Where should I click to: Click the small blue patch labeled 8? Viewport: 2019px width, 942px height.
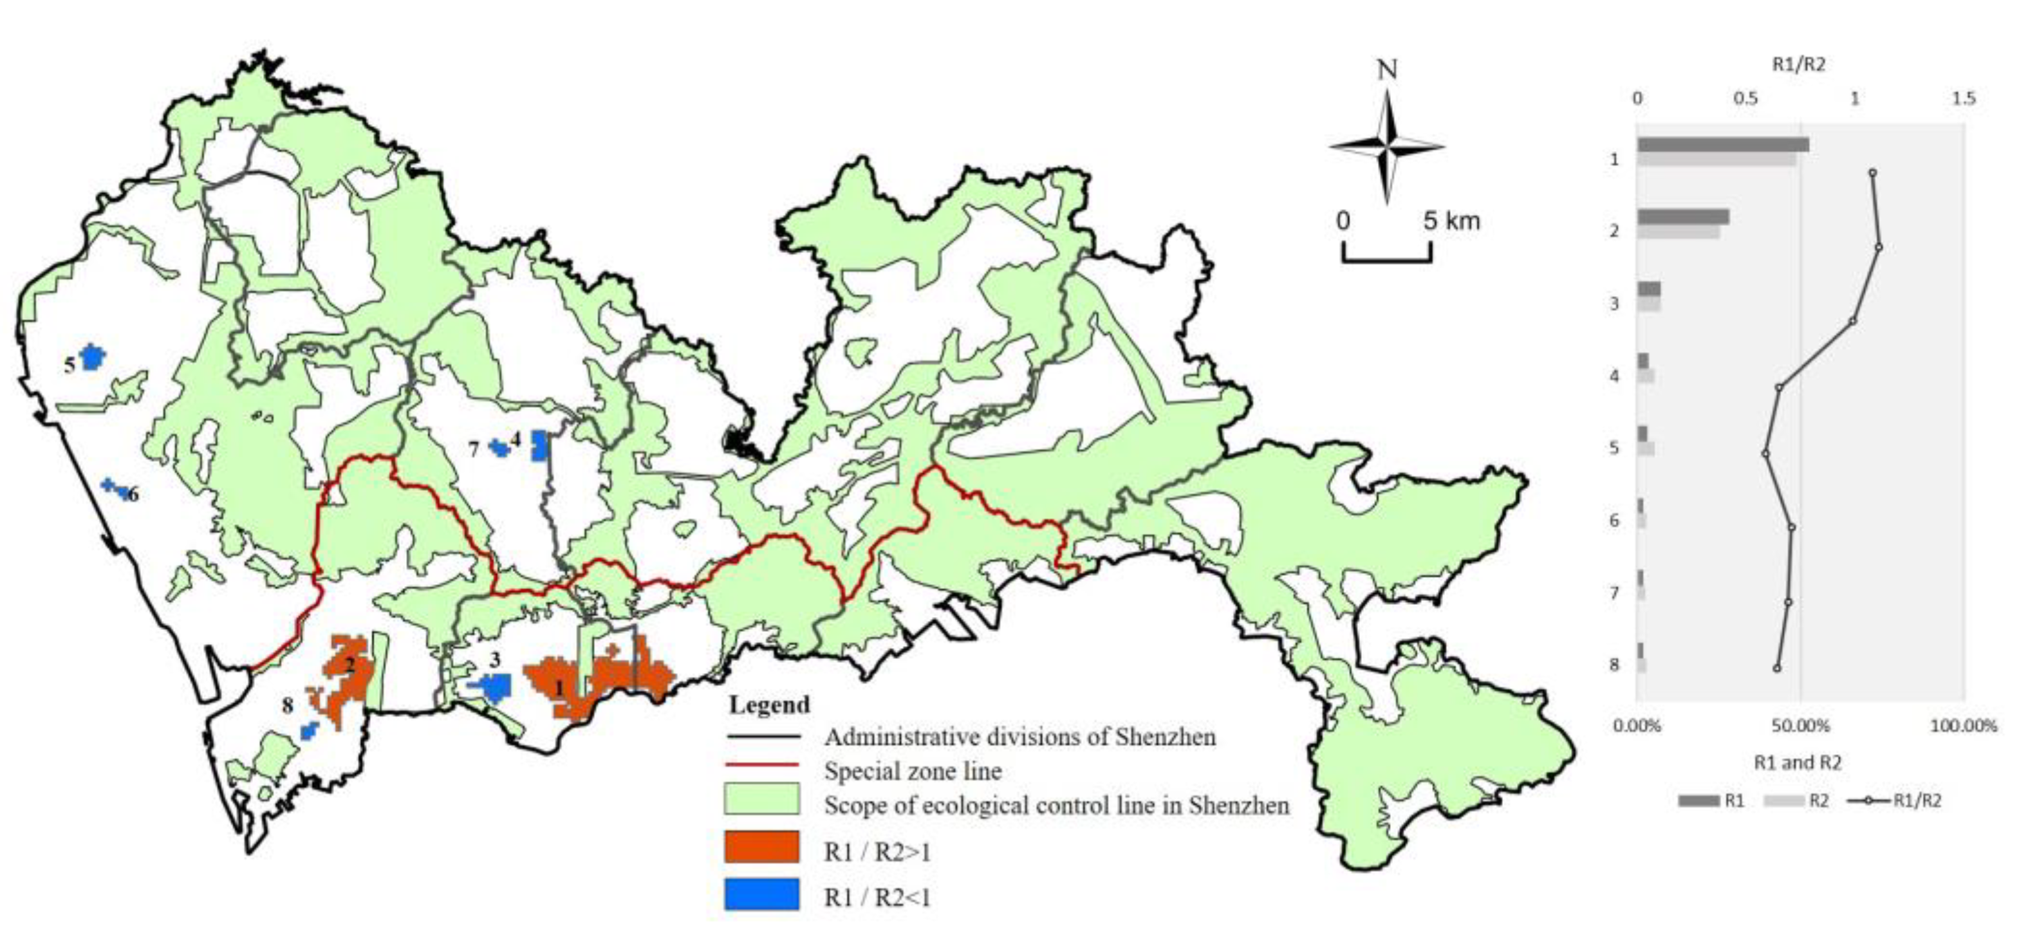pyautogui.click(x=310, y=731)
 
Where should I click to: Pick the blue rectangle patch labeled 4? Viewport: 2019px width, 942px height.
pyautogui.click(x=539, y=446)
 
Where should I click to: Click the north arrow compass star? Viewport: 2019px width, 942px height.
pyautogui.click(x=1386, y=147)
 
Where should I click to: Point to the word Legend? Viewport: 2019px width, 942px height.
pyautogui.click(x=769, y=705)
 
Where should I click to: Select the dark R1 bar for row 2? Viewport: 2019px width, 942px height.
pyautogui.click(x=1682, y=217)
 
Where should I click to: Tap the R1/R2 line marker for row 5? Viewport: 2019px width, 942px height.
pyautogui.click(x=1765, y=453)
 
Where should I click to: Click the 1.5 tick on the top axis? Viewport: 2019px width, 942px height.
pyautogui.click(x=1964, y=100)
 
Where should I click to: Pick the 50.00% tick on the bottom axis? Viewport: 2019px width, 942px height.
pyautogui.click(x=1800, y=726)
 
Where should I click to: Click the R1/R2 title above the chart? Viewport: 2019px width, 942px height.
pyautogui.click(x=1799, y=65)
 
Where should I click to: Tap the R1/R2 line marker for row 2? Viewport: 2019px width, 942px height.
pyautogui.click(x=1878, y=247)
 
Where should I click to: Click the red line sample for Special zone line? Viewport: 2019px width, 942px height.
pyautogui.click(x=762, y=764)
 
